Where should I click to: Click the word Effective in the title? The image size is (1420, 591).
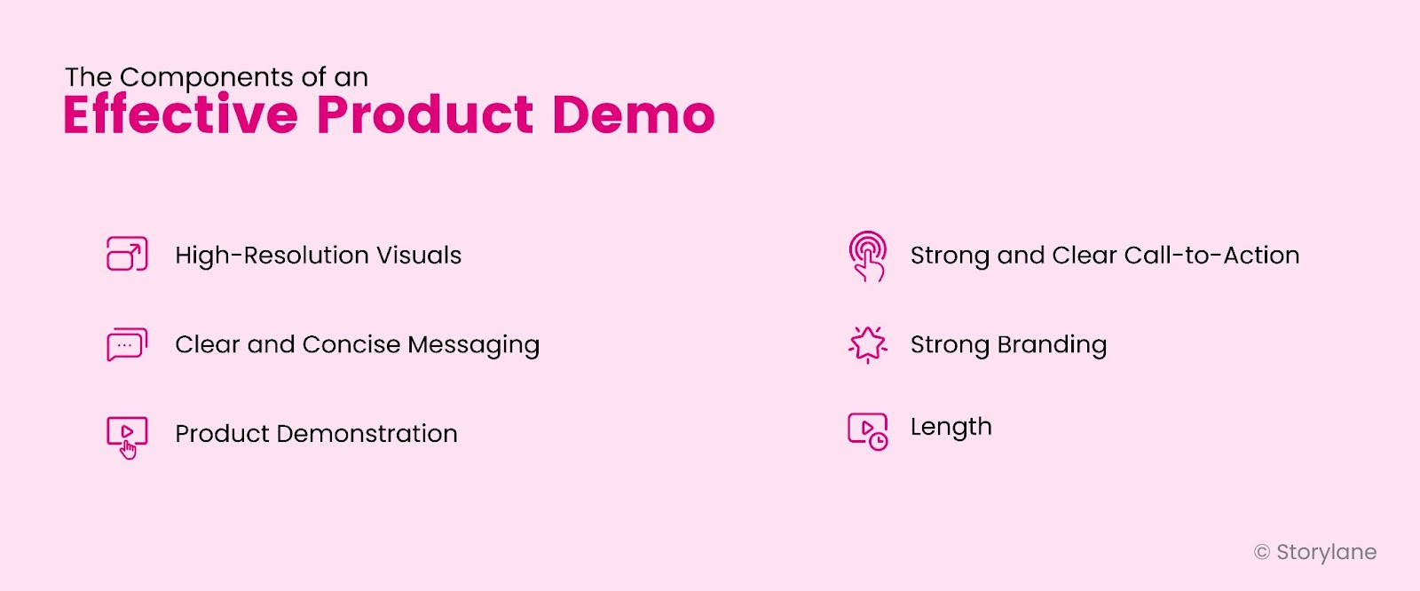(180, 115)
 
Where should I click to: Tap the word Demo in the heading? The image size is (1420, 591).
(633, 115)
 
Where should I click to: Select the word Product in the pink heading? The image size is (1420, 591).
(425, 115)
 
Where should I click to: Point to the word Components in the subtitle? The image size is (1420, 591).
(207, 78)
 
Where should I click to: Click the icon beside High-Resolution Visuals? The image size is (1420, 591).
(127, 254)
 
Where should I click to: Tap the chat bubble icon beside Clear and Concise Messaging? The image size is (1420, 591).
(127, 344)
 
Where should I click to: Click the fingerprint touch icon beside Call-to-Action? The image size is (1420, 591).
(867, 256)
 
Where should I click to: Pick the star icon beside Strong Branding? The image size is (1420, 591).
(867, 344)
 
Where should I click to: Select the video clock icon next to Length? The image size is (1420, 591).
(867, 431)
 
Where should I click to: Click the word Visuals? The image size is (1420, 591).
(419, 256)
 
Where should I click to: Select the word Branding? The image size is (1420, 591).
(1052, 345)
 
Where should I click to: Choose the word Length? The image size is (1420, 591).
(951, 428)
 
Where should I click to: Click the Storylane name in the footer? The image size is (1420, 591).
(1326, 552)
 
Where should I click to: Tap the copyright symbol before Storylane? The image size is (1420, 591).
(1261, 553)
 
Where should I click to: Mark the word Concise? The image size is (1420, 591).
(351, 344)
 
